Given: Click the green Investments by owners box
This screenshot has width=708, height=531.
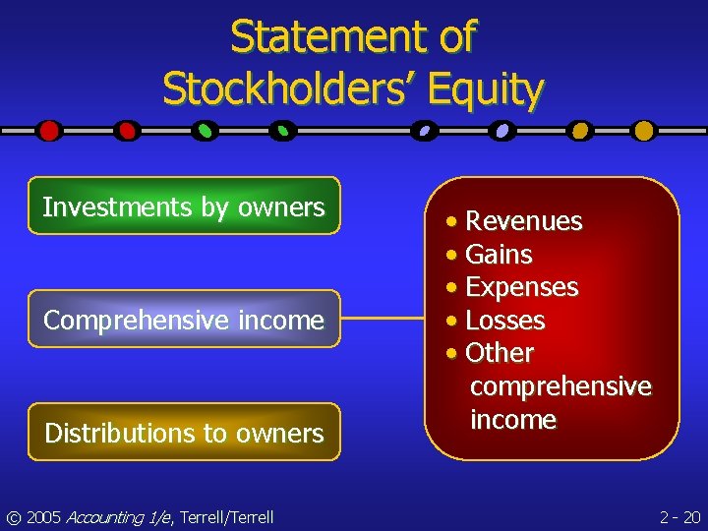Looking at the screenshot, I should [x=184, y=206].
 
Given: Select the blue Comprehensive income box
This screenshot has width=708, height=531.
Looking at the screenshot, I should [x=184, y=320].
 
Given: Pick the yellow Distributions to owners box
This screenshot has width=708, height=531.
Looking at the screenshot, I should [x=184, y=433].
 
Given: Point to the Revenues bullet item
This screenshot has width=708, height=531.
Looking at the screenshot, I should [x=523, y=221].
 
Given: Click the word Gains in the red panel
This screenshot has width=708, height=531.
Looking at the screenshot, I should [x=499, y=255].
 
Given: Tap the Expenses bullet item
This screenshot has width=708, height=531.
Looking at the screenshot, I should [x=521, y=287].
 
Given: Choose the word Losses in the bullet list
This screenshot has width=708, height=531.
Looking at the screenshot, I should [x=504, y=321].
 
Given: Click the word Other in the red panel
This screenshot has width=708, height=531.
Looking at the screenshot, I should [x=500, y=353].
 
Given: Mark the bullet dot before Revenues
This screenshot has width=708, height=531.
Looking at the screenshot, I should [x=450, y=222].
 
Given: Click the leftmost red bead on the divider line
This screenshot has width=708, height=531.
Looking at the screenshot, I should [x=49, y=130].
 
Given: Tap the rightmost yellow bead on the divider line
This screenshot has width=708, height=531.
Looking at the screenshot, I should [x=643, y=130].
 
